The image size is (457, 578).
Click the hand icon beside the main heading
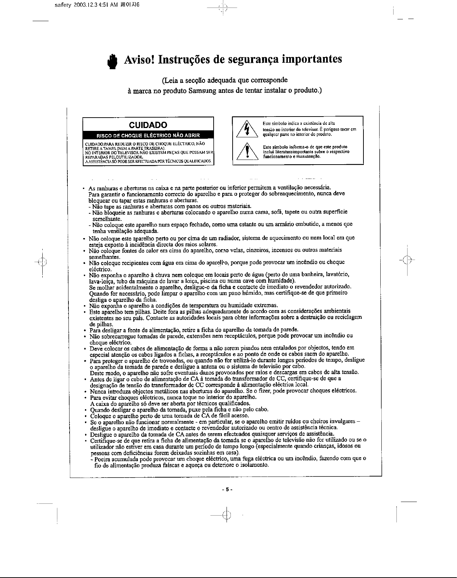click(112, 61)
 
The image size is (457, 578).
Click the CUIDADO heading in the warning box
click(148, 125)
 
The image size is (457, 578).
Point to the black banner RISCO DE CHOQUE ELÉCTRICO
click(148, 135)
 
